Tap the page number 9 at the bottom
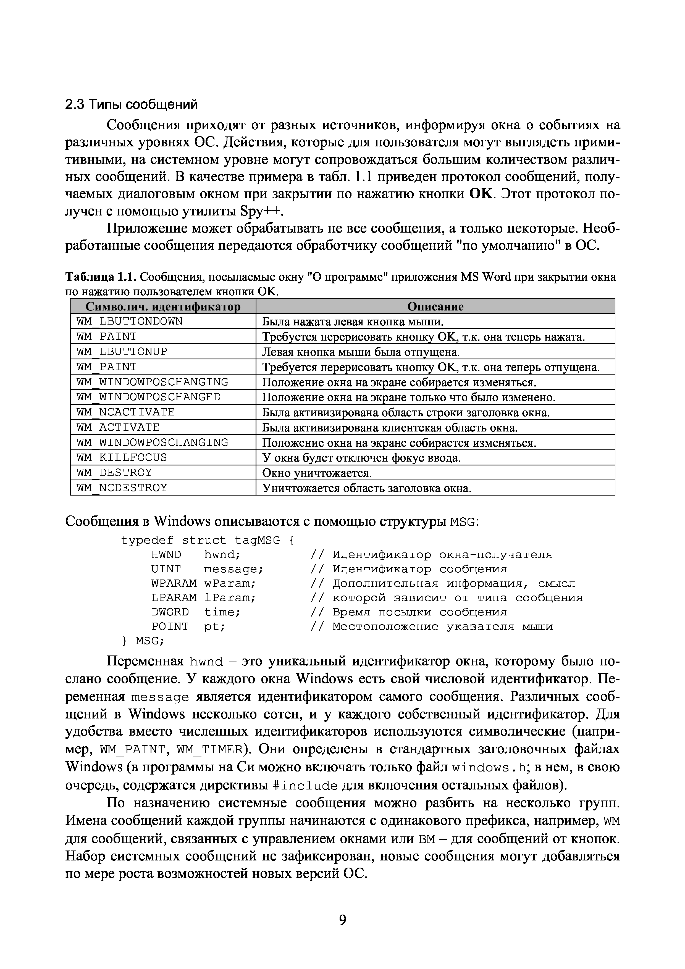(342, 919)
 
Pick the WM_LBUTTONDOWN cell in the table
(130, 322)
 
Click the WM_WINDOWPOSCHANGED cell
(149, 397)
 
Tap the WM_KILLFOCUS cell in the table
(122, 457)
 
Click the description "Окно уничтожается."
(317, 473)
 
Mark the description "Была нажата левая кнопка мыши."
(353, 322)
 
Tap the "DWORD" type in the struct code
(170, 612)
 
